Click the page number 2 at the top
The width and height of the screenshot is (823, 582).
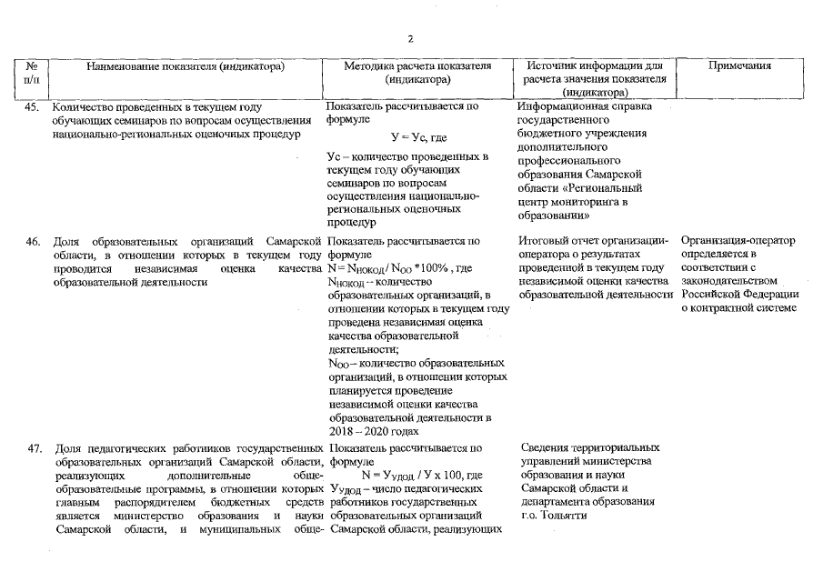click(x=410, y=38)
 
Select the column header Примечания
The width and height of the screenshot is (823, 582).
click(x=740, y=65)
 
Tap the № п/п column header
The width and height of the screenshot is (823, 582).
click(x=33, y=72)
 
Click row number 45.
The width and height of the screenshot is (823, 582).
click(x=34, y=106)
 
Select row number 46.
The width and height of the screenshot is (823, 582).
click(x=34, y=241)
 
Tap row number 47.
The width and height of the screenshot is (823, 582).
click(x=34, y=448)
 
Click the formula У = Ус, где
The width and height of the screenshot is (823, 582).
click(x=417, y=137)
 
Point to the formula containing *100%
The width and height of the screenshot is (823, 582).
click(x=400, y=268)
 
